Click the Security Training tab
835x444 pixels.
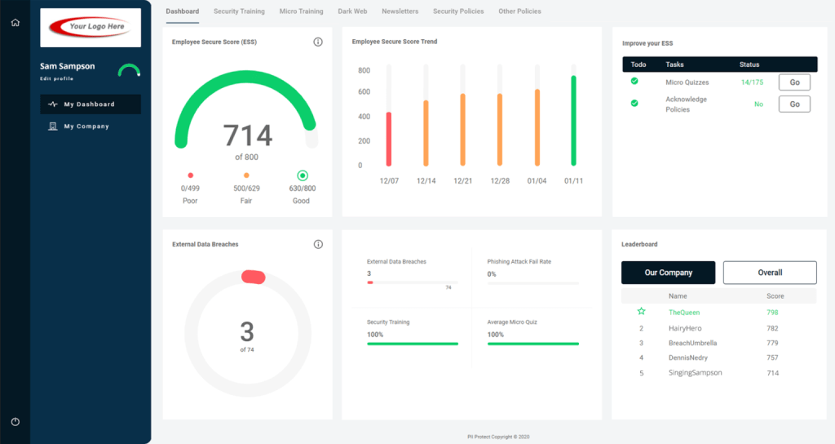pos(239,11)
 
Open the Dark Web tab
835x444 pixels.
pos(352,11)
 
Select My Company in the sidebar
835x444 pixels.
pos(86,127)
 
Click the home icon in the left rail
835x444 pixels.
pos(15,22)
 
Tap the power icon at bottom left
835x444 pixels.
pos(15,421)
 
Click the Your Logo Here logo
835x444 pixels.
pos(91,27)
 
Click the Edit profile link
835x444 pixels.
pos(56,79)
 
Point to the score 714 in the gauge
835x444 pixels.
pos(247,135)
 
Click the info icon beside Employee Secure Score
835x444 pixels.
pos(318,42)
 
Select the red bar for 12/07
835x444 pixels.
pos(389,140)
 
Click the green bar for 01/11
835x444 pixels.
pos(573,121)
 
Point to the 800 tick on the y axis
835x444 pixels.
pos(364,70)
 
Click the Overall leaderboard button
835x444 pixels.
pos(770,273)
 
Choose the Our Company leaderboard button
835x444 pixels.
pos(668,273)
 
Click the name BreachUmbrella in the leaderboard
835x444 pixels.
pos(692,343)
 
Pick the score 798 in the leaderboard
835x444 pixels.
pos(772,313)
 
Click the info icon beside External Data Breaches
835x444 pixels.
pos(318,244)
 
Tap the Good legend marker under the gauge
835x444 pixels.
pos(302,175)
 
